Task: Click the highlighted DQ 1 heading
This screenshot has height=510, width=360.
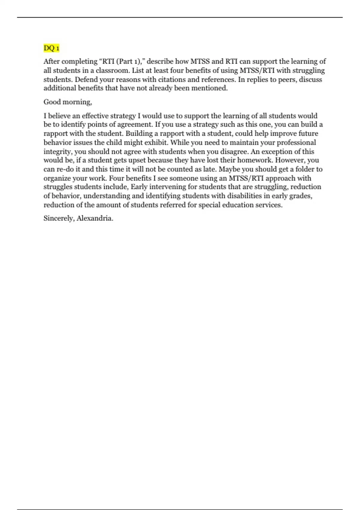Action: (x=51, y=48)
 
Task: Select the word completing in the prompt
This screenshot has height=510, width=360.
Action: (x=79, y=61)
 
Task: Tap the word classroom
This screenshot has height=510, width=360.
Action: (x=112, y=70)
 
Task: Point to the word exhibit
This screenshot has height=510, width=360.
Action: (x=157, y=142)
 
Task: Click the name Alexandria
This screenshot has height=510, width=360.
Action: (x=94, y=218)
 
